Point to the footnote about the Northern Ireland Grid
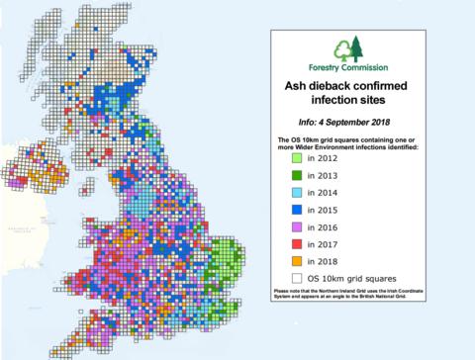pyautogui.click(x=353, y=296)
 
